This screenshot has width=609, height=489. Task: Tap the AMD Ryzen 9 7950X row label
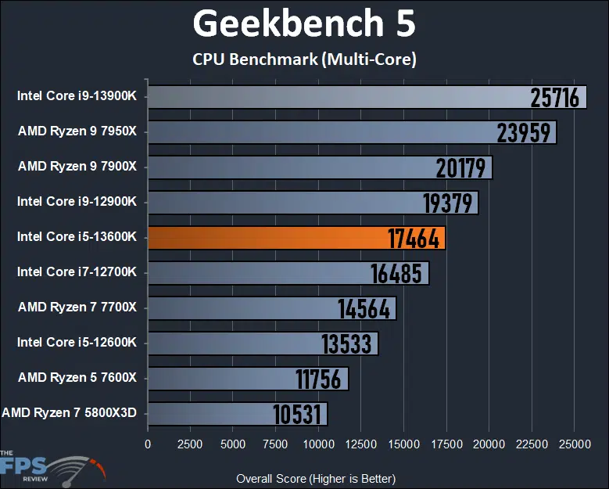(77, 131)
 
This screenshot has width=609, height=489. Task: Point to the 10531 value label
(297, 414)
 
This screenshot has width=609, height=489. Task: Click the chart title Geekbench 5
(304, 25)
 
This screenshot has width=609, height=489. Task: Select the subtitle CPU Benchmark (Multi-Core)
(304, 59)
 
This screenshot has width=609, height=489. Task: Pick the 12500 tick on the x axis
(360, 444)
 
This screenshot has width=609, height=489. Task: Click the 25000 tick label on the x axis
(573, 444)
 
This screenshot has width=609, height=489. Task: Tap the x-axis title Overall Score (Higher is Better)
(316, 478)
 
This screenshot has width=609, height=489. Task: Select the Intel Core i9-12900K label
(77, 202)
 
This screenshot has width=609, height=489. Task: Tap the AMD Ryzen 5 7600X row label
(77, 378)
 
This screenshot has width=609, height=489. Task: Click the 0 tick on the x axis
(148, 444)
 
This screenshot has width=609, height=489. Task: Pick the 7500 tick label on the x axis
(275, 444)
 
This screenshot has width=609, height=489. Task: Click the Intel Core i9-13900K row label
(77, 96)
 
